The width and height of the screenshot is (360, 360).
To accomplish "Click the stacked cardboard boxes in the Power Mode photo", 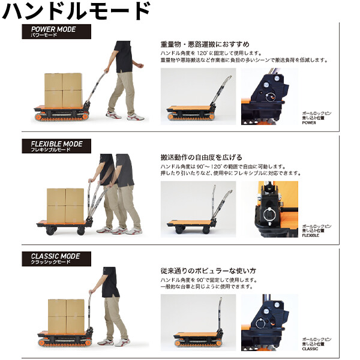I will [63, 89].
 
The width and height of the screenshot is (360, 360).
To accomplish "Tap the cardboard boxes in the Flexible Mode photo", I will [65, 204].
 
